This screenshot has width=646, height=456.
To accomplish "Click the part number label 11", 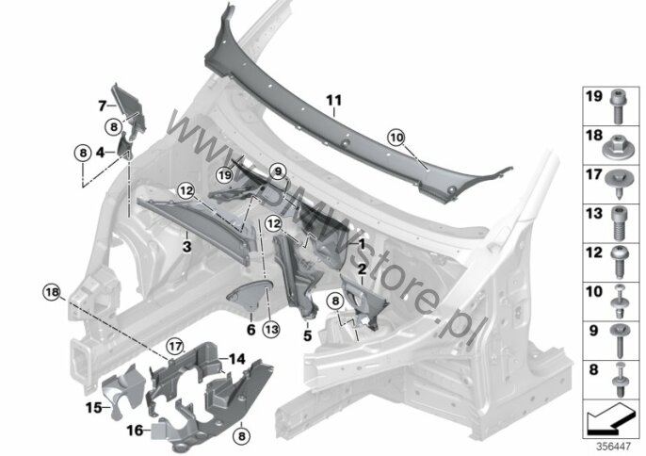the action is point(333,100).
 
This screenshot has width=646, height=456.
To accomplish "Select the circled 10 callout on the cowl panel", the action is point(396,138).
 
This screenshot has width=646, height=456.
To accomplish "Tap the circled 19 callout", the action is point(225,175).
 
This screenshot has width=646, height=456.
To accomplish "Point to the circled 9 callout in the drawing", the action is point(278,171).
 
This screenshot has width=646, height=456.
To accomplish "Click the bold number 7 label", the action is point(102,106).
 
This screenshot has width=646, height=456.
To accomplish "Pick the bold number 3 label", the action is point(187,247).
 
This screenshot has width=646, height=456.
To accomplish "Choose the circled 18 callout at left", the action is point(53,292).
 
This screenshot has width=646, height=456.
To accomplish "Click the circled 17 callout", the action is point(175,346).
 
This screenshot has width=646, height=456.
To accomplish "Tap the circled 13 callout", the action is point(272,330).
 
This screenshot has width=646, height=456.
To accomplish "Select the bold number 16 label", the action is point(135,431).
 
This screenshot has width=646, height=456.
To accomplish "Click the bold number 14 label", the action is point(237,359).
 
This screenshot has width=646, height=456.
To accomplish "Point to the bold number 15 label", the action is point(93,408).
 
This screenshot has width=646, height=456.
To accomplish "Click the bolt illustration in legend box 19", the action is point(617,106).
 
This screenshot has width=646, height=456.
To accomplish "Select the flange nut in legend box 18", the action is point(617,147).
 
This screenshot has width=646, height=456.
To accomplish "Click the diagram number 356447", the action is point(614,447).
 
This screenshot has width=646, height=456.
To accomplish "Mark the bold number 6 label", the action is point(251,330).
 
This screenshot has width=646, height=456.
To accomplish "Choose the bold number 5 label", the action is point(308,335).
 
